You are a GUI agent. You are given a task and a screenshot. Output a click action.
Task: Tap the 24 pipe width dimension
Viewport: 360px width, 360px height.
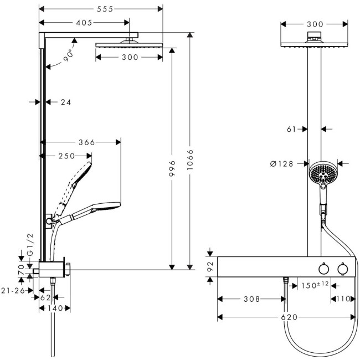coord(66,102)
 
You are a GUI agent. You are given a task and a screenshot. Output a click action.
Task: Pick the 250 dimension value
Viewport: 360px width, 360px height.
coord(66,156)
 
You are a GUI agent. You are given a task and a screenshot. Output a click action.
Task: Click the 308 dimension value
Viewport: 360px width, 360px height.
coord(251,300)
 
